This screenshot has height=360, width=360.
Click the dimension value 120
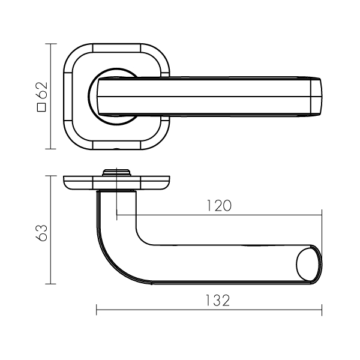coord(219,205)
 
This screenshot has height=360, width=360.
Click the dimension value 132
coord(217,301)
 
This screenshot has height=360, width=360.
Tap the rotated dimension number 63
coord(42,233)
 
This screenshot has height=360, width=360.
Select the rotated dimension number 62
coord(42,90)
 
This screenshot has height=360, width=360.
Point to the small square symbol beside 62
coord(42,107)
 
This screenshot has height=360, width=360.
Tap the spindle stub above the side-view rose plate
coord(116,173)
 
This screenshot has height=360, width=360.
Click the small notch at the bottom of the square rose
coord(116,149)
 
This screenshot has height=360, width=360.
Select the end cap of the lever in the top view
coord(316,96)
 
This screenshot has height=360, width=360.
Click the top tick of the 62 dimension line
coord(51,44)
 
